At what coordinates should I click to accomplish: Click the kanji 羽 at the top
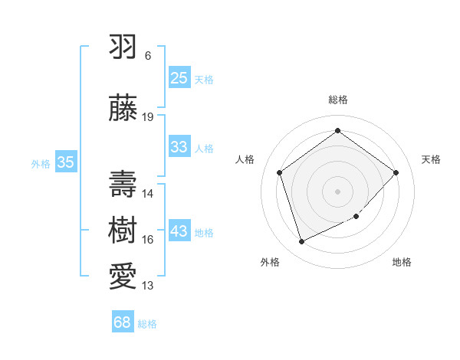123,47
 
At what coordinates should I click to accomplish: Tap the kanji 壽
123,181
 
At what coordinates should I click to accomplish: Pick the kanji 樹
123,227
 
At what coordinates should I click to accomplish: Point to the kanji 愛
123,273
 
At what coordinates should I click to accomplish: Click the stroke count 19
148,116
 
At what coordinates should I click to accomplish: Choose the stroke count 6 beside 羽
148,56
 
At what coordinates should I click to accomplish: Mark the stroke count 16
148,240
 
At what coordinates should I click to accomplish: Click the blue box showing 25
179,77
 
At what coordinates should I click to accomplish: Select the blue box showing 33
179,147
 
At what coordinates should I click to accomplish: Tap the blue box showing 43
179,231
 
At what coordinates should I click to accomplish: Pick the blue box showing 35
65,162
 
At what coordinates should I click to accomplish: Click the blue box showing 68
123,322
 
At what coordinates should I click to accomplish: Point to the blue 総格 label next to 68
147,324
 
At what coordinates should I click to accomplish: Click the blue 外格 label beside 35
41,163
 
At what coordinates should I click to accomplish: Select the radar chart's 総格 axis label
338,100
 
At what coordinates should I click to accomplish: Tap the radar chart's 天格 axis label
432,159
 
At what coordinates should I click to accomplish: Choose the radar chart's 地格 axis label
402,262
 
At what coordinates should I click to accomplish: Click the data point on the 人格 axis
280,172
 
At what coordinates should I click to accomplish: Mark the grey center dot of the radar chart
338,191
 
